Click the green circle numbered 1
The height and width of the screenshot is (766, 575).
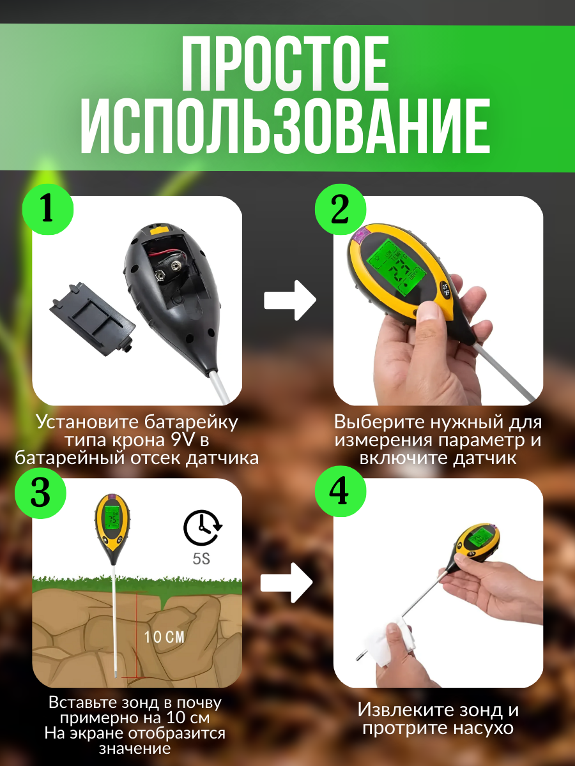pyautogui.click(x=48, y=209)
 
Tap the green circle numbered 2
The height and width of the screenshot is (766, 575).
pyautogui.click(x=341, y=209)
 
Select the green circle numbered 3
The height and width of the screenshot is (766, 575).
pyautogui.click(x=40, y=493)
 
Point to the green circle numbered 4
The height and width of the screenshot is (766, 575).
pyautogui.click(x=341, y=492)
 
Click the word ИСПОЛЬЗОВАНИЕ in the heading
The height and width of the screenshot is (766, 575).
pyautogui.click(x=286, y=126)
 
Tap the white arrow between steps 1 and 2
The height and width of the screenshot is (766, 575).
pyautogui.click(x=289, y=301)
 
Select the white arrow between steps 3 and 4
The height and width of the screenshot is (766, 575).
pyautogui.click(x=286, y=583)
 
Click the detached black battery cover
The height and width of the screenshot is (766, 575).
pyautogui.click(x=93, y=319)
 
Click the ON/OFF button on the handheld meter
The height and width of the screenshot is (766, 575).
pyautogui.click(x=445, y=290)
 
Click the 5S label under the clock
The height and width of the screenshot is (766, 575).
pyautogui.click(x=201, y=559)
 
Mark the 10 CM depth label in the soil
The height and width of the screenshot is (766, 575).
pyautogui.click(x=164, y=637)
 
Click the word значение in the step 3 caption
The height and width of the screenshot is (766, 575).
pyautogui.click(x=135, y=749)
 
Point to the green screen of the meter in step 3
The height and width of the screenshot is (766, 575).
pyautogui.click(x=112, y=518)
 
